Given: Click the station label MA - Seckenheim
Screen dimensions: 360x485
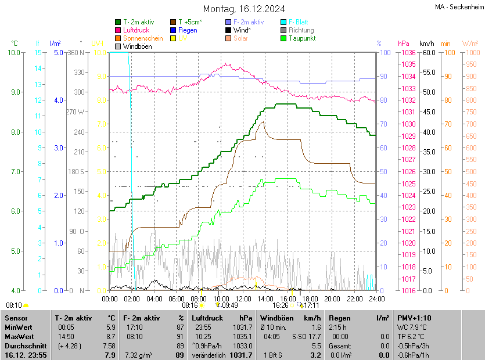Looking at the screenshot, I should click(458, 6).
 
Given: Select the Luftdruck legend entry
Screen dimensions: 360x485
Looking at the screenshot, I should click(136, 30).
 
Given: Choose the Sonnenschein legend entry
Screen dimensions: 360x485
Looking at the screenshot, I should click(143, 38).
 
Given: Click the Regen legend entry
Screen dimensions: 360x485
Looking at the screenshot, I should click(188, 30).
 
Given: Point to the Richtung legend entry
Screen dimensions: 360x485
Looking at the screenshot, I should click(301, 30).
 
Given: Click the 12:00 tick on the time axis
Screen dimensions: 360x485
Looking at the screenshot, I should click(243, 298).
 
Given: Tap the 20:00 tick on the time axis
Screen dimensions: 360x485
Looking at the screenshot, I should click(332, 298).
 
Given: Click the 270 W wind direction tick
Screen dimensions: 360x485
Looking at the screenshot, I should click(76, 112).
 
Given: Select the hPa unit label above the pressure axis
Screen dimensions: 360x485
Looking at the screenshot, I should click(404, 44).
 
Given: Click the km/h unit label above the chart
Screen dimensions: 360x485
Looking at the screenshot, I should click(426, 44).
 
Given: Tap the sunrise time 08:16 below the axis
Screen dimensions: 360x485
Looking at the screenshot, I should click(190, 305).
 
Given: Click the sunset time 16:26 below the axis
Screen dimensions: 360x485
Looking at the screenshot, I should click(281, 305).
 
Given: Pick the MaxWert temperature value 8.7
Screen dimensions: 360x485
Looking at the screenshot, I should click(110, 337).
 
